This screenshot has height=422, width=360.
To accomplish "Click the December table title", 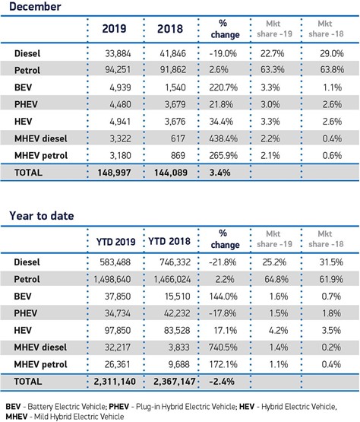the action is (35, 6).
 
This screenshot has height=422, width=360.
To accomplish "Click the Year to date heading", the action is (42, 216).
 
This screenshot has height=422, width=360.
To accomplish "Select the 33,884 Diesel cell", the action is (118, 53).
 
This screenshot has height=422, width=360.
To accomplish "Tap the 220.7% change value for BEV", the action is (223, 87).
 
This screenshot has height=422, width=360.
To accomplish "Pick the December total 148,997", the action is (114, 173).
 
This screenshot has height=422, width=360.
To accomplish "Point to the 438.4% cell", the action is (223, 138).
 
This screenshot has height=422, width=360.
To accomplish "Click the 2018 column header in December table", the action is (170, 29).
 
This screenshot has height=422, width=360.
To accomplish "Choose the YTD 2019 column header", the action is (116, 242).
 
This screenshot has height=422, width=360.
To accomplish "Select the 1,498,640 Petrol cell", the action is (112, 279).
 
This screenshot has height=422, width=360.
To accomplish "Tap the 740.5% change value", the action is (223, 347).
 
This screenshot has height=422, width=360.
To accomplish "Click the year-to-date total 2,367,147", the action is (175, 382).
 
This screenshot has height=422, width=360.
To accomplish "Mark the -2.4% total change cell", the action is (222, 382).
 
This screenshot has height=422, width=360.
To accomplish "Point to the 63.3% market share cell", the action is (273, 70).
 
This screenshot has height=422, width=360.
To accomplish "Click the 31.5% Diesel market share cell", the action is (331, 262).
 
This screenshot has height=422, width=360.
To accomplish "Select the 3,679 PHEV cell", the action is (175, 104).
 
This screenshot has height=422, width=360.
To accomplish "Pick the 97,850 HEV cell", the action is (118, 330).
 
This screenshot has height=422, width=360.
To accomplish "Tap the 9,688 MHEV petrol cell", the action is (178, 364).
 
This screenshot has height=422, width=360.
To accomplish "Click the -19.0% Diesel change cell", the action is (223, 53).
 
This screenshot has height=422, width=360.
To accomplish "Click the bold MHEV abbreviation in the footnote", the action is (17, 417).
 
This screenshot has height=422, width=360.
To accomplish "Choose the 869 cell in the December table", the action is (178, 156).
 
